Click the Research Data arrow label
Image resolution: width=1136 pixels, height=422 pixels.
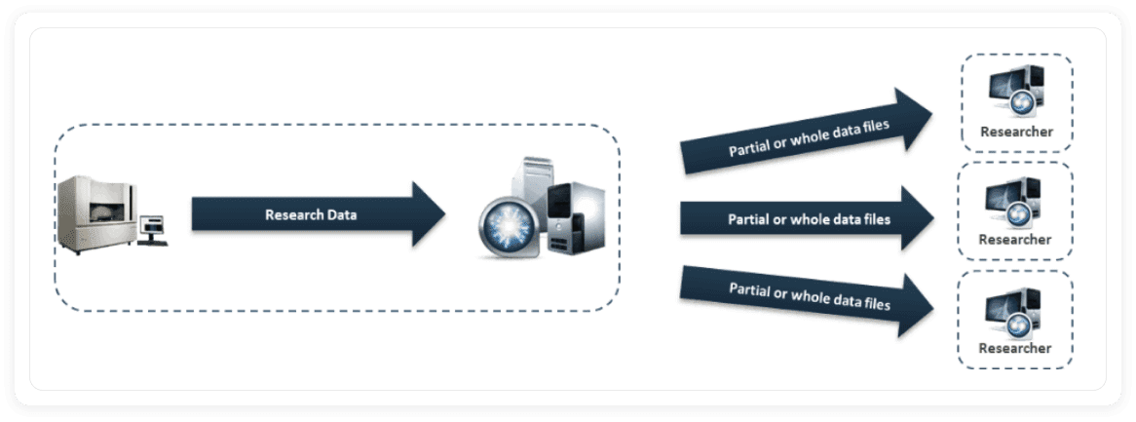point(310,214)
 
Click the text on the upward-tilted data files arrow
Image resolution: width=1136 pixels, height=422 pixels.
point(809,137)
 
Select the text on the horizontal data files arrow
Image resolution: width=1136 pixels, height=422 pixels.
point(809,219)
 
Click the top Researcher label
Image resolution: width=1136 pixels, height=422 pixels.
point(1015,132)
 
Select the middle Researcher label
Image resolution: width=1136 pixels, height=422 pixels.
point(1015,240)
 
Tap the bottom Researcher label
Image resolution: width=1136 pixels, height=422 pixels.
point(1015,348)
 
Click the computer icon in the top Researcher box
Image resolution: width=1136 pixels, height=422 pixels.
point(1015,93)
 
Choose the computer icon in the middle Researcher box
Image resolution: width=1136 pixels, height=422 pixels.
point(1015,201)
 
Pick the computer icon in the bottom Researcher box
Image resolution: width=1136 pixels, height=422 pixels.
point(1015,309)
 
